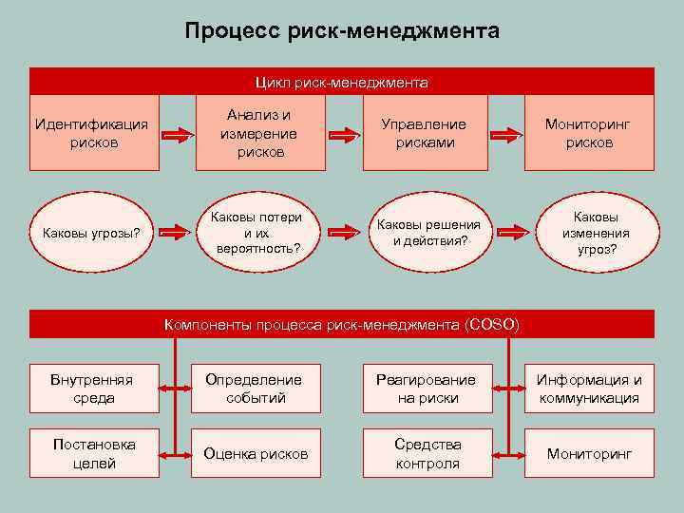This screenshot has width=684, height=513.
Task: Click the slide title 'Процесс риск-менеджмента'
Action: (342, 31)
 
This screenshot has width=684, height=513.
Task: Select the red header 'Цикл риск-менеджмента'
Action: (342, 83)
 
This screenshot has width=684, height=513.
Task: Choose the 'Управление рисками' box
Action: (424, 133)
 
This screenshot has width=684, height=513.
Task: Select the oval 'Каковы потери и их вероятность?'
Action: (256, 231)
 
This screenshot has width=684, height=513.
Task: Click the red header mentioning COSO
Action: (342, 325)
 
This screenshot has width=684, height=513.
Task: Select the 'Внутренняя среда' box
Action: (94, 389)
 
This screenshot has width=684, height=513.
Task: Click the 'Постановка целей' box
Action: (94, 453)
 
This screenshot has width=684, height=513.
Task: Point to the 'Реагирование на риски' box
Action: (427, 389)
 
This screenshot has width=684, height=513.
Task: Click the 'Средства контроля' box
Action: (427, 453)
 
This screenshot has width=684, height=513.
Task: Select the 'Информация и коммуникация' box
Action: (589, 389)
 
